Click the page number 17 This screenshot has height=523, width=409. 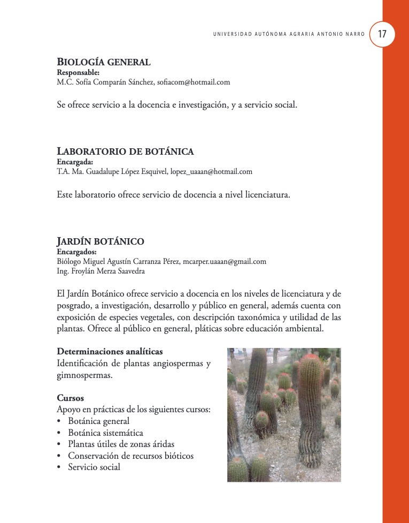click(x=382, y=34)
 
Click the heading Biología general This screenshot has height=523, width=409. click(x=104, y=62)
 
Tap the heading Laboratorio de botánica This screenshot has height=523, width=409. click(x=125, y=151)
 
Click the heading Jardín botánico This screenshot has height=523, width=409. click(x=100, y=241)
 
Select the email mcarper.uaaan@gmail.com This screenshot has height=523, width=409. click(x=224, y=261)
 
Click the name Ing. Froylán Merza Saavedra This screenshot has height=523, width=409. click(x=101, y=271)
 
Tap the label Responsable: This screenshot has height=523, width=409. click(x=78, y=72)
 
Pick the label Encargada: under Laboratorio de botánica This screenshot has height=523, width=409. click(x=75, y=162)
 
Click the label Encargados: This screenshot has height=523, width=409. click(x=76, y=252)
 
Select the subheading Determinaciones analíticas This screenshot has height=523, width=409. click(x=110, y=352)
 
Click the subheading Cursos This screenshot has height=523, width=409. click(x=70, y=398)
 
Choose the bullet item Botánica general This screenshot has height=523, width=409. click(x=98, y=421)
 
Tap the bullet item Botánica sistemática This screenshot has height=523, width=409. click(x=105, y=433)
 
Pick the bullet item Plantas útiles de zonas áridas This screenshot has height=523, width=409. click(x=121, y=444)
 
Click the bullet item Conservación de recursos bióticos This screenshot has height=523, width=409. click(x=130, y=456)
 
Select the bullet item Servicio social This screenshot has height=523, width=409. click(x=94, y=467)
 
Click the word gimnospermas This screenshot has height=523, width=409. click(x=84, y=375)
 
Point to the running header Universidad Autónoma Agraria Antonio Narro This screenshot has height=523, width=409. click(x=289, y=34)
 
